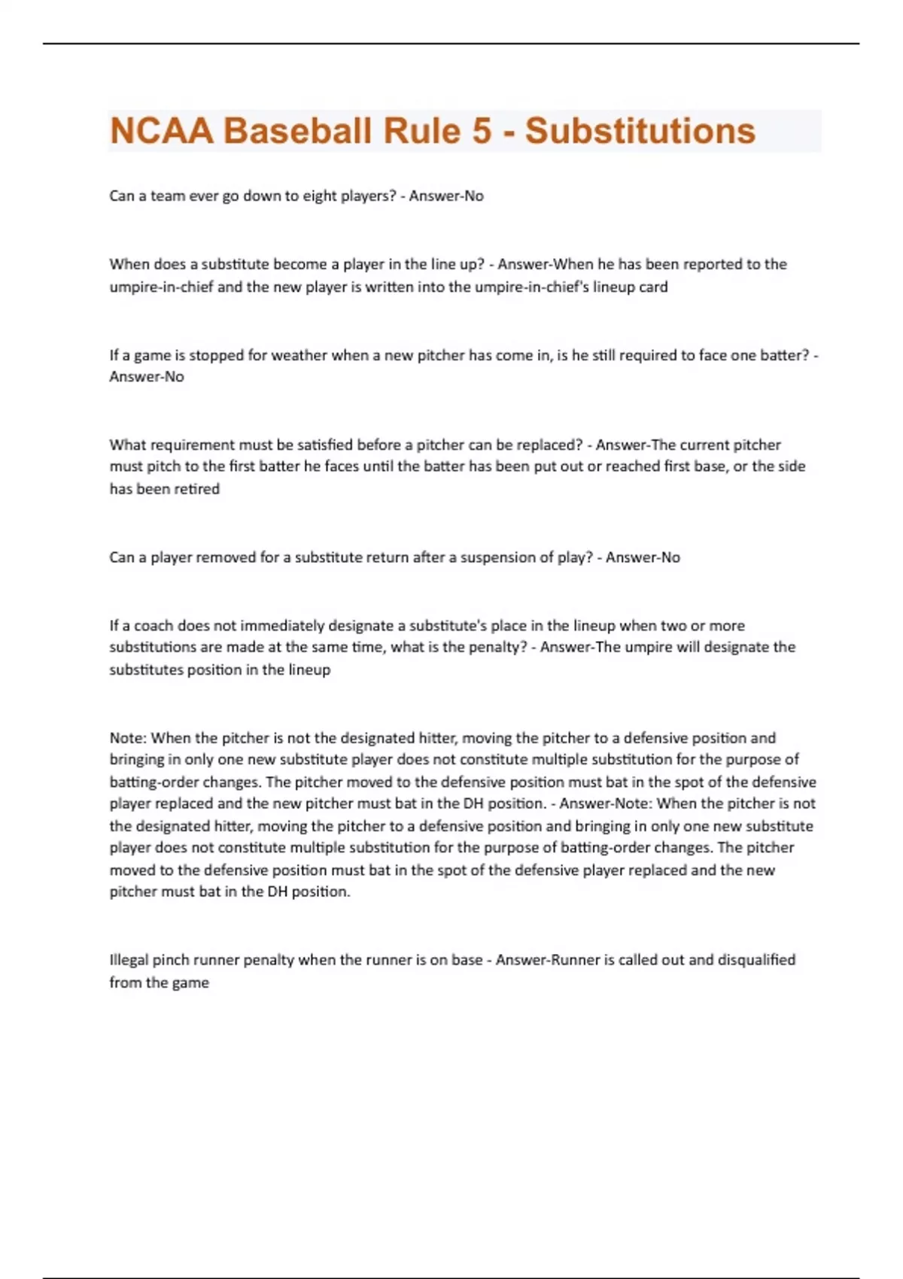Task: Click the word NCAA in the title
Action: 162,131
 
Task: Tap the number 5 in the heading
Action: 482,131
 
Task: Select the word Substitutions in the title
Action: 640,131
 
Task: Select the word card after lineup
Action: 652,287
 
